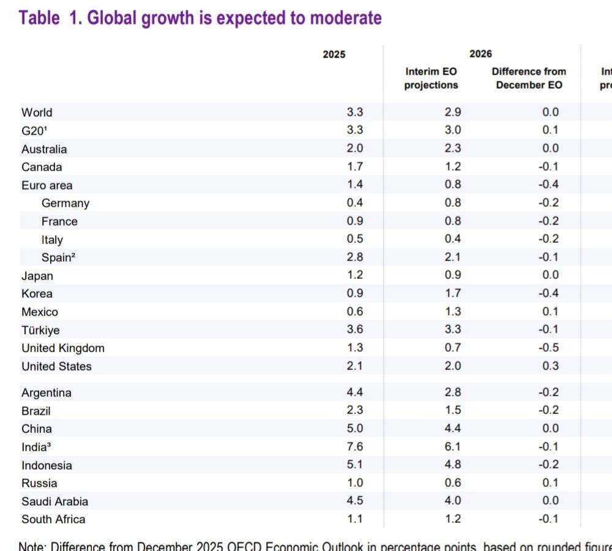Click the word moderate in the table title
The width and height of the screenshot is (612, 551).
[x=346, y=18]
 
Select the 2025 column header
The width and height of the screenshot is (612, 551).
[x=334, y=54]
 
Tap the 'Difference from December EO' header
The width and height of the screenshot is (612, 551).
[x=529, y=78]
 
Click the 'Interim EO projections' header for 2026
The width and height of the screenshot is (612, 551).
[x=431, y=78]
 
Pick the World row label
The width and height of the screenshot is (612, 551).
[x=37, y=113]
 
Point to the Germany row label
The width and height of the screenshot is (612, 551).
[x=65, y=203]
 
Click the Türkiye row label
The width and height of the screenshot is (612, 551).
[x=40, y=330]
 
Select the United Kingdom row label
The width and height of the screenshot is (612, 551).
[x=63, y=348]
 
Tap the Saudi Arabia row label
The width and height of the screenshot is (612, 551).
[x=54, y=501]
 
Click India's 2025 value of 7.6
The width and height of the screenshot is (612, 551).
[x=355, y=446]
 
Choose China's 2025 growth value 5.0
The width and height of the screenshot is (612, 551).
[x=355, y=428]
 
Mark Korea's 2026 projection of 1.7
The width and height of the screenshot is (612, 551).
[x=453, y=293]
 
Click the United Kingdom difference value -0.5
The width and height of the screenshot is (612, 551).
[x=548, y=347]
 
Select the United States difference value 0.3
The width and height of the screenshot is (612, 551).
[x=550, y=366]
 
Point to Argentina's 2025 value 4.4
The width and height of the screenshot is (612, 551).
[x=355, y=392]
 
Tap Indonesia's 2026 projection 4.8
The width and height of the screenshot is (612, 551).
[x=453, y=465]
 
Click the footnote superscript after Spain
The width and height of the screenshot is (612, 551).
[x=73, y=255]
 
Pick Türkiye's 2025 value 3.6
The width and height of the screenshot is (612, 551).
[x=355, y=329]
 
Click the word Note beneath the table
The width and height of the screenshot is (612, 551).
[x=31, y=545]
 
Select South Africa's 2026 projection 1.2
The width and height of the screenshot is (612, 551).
[x=453, y=519]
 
